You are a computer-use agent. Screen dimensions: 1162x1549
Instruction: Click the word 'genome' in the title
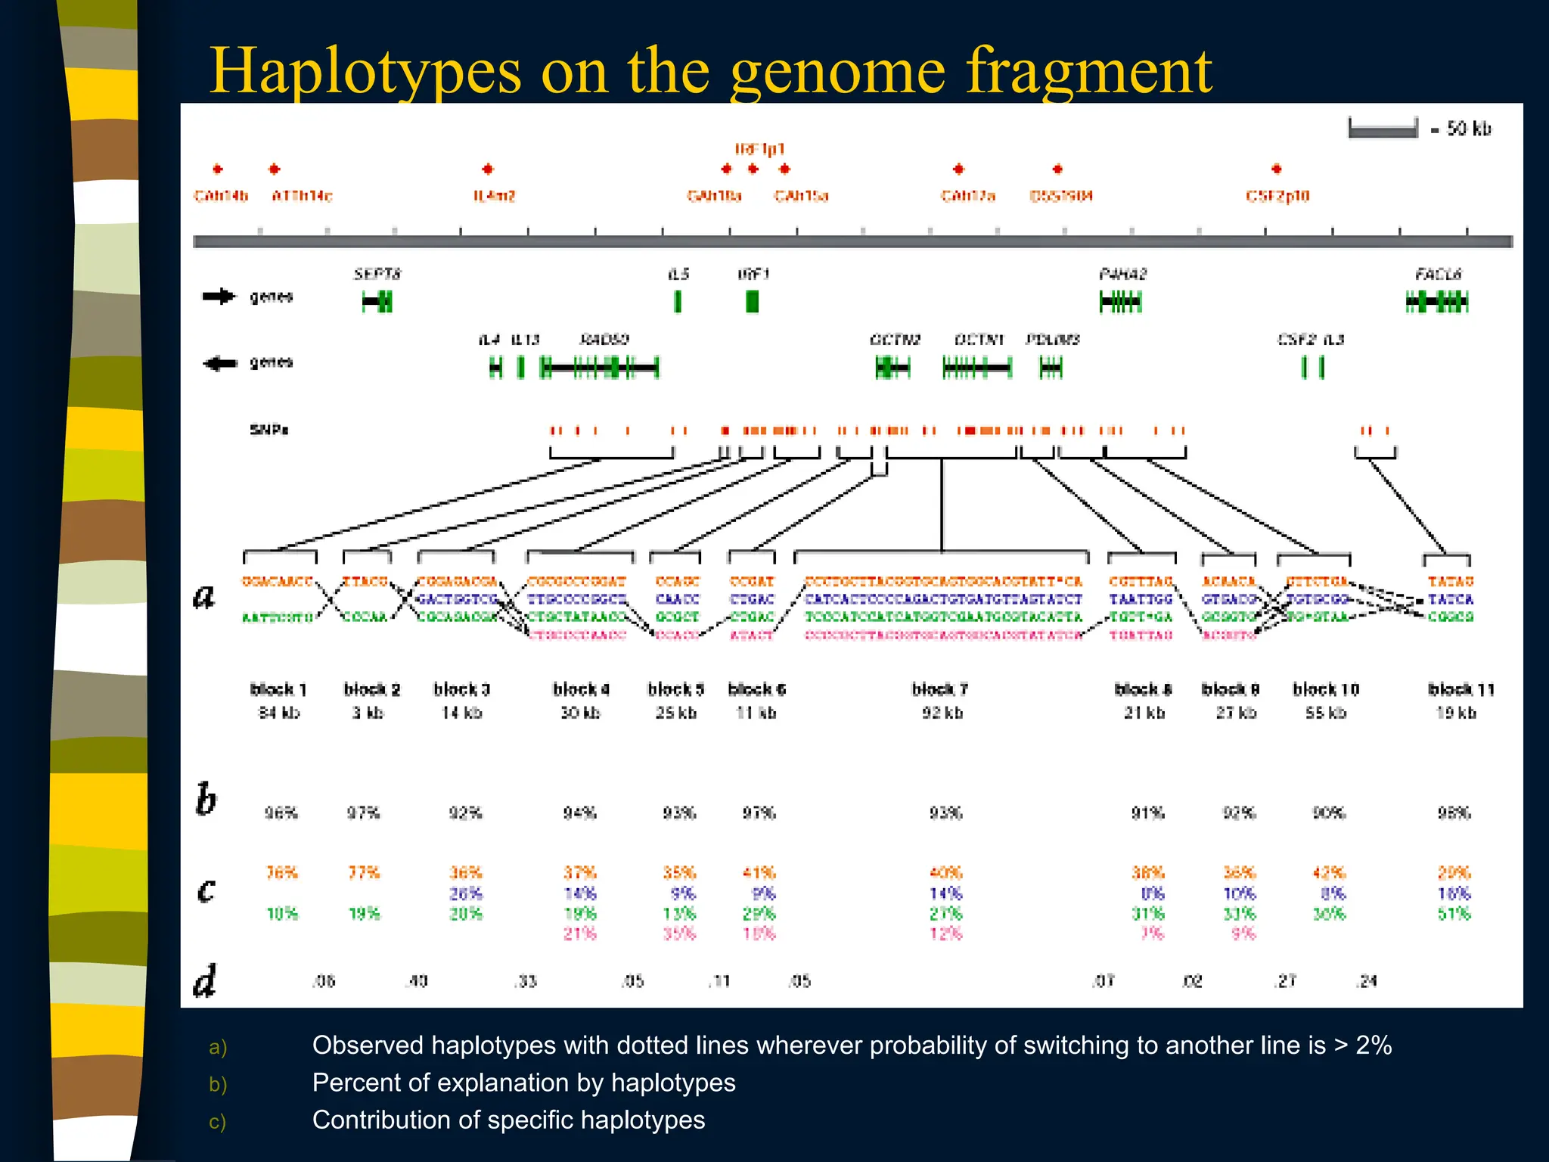[838, 72]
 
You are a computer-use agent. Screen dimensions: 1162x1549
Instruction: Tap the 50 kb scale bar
[1383, 129]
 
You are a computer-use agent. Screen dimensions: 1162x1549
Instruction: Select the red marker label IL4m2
[494, 196]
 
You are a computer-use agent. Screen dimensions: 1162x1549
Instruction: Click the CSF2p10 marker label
[1277, 196]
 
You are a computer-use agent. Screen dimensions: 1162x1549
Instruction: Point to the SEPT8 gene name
[377, 274]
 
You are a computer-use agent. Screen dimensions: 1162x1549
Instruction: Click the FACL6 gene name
[1438, 274]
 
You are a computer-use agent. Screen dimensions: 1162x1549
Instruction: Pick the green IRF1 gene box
[752, 301]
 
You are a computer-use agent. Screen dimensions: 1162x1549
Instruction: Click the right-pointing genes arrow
[219, 297]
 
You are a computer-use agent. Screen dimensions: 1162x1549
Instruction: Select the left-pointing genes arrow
[219, 363]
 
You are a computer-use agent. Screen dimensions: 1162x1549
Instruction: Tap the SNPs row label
[269, 430]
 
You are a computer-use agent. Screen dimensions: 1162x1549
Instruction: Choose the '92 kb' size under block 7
[942, 713]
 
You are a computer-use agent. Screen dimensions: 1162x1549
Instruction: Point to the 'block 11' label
[1461, 689]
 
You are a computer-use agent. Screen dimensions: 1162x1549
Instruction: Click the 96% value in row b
[281, 813]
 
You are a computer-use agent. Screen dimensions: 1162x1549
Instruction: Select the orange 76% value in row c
[281, 872]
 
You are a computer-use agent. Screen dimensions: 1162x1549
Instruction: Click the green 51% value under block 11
[1454, 914]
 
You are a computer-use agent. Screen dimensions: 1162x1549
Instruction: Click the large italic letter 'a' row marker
[203, 597]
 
